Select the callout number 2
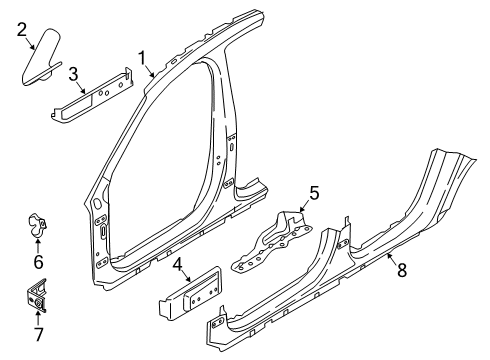(21, 32)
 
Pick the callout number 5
(313, 193)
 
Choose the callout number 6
(39, 262)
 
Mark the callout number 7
(39, 331)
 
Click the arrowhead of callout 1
(154, 78)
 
